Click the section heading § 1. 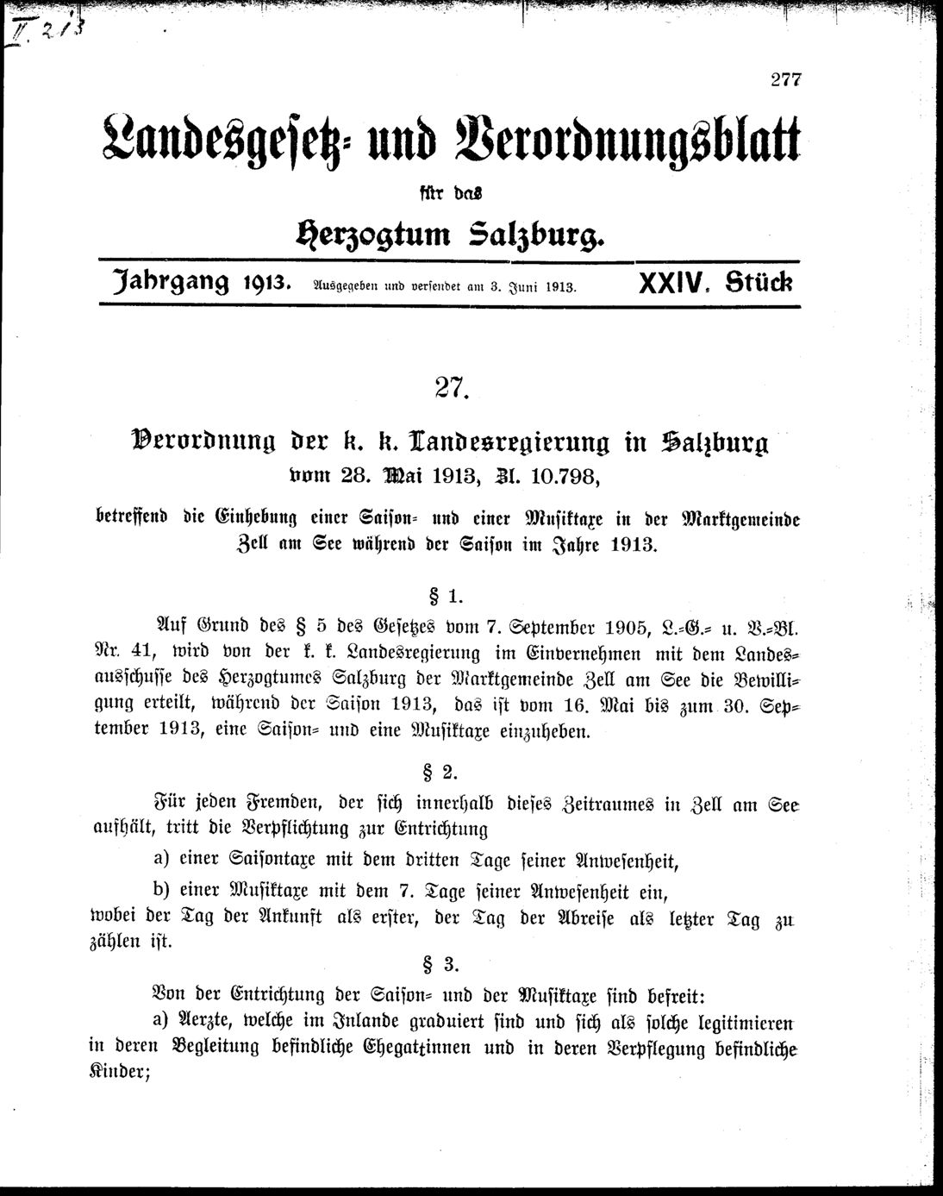448,593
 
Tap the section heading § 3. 448,962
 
